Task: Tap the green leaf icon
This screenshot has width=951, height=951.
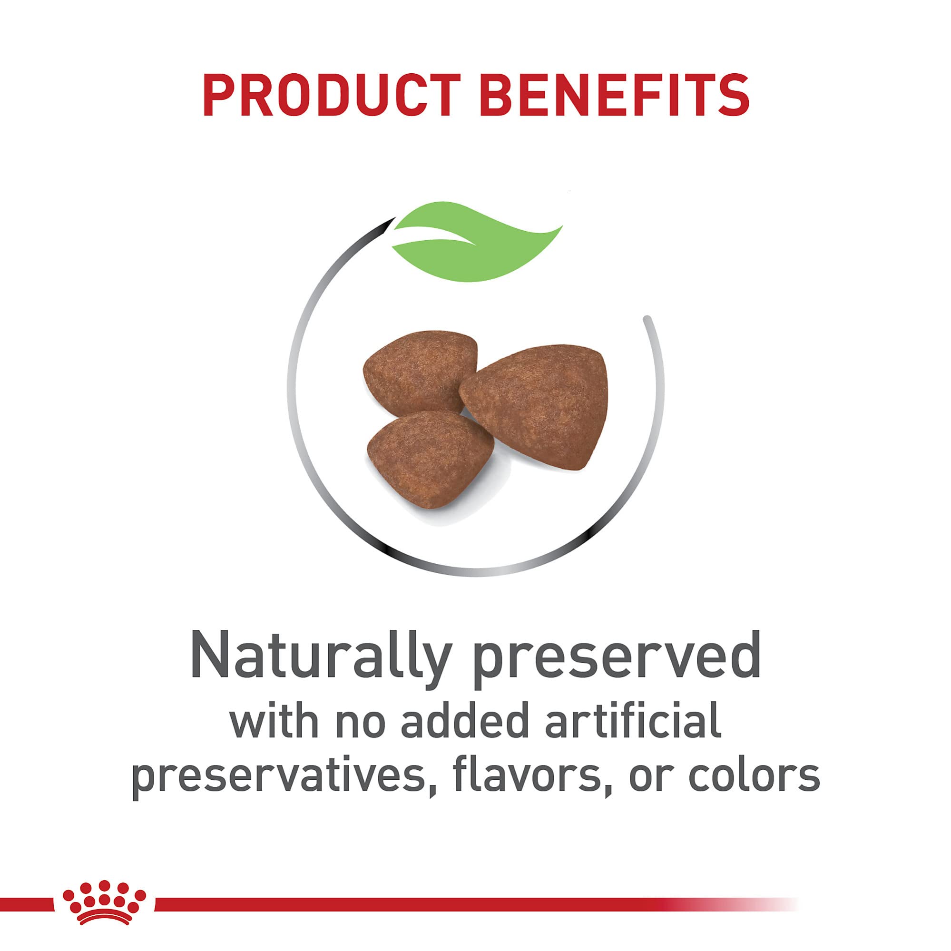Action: pyautogui.click(x=478, y=241)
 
